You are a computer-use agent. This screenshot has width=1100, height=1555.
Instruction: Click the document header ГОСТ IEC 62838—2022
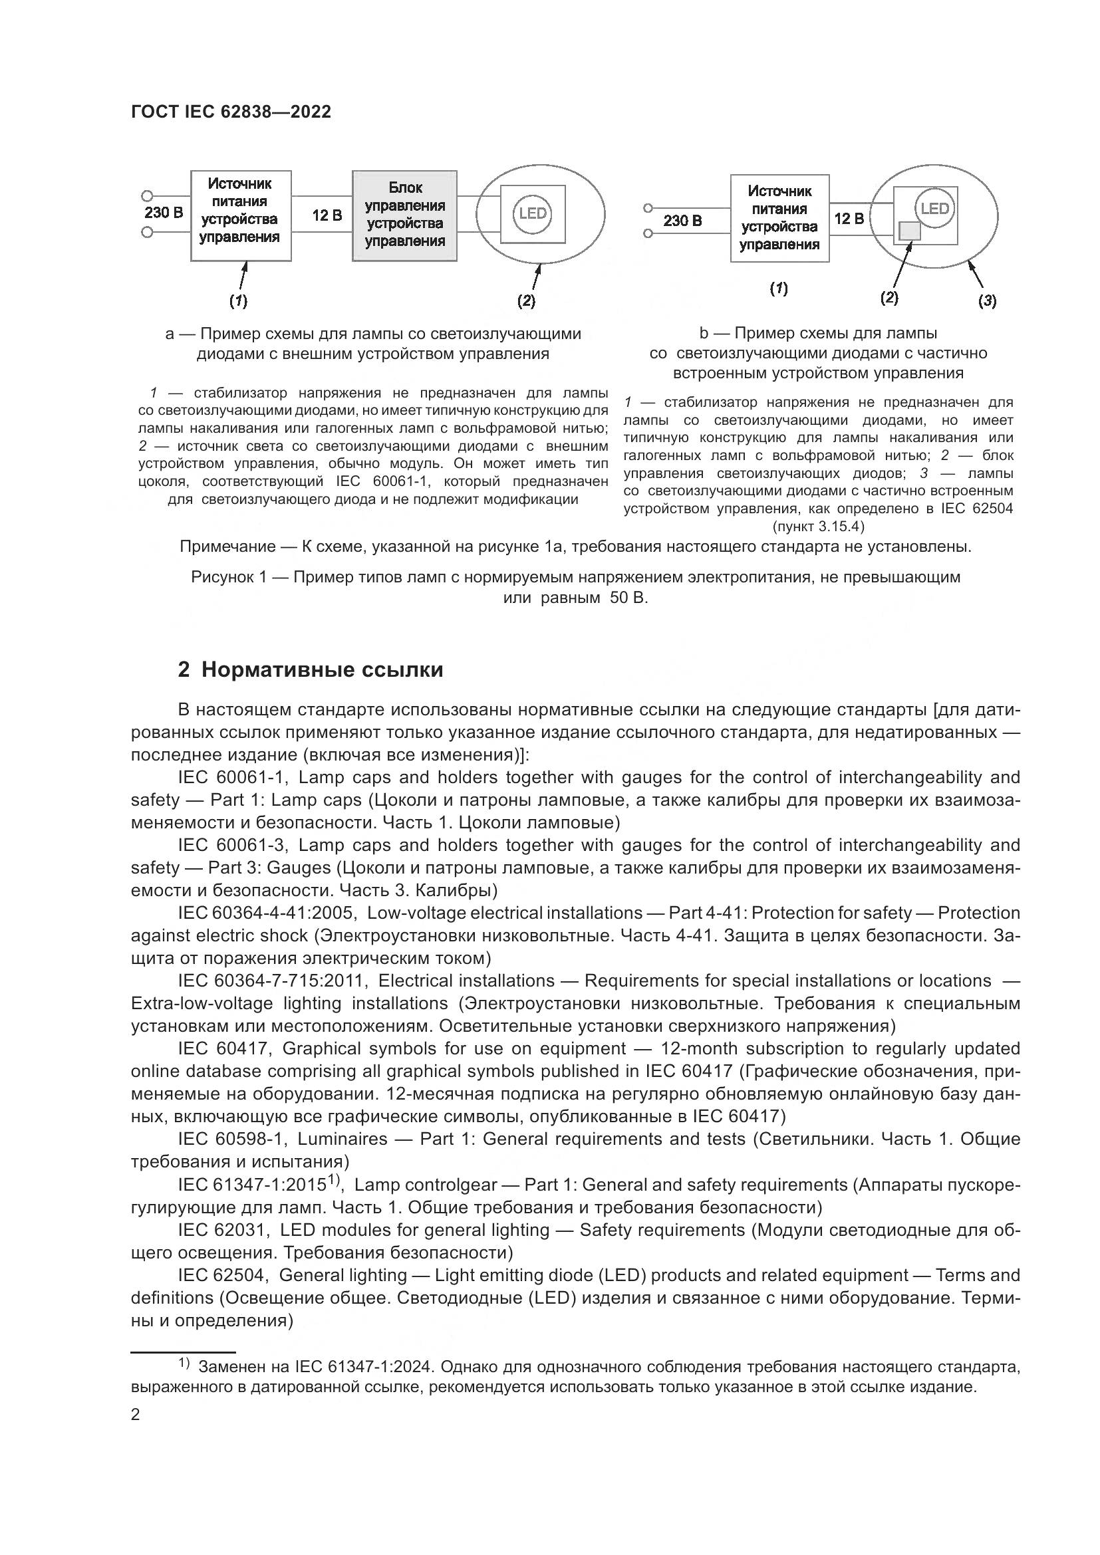tap(231, 112)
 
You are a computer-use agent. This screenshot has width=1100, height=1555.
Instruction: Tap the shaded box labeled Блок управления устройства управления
tap(404, 215)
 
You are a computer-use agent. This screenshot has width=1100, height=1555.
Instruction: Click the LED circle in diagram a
tap(533, 214)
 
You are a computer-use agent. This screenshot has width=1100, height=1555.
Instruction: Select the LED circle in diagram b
tap(934, 209)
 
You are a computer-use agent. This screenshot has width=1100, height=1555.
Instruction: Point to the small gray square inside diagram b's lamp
tap(909, 231)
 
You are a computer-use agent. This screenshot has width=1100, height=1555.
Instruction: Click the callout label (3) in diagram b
tap(987, 301)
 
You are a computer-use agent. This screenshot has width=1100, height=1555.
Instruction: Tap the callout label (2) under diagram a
tap(526, 301)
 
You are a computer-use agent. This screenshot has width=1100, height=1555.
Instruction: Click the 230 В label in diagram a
tap(164, 213)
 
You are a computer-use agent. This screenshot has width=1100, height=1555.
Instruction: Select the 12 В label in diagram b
tap(849, 219)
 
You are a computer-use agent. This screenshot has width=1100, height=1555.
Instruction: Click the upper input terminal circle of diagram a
tap(146, 196)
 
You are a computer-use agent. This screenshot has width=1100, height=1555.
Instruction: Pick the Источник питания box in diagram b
tap(779, 218)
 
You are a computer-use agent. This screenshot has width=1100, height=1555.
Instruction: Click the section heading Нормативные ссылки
tap(322, 670)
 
